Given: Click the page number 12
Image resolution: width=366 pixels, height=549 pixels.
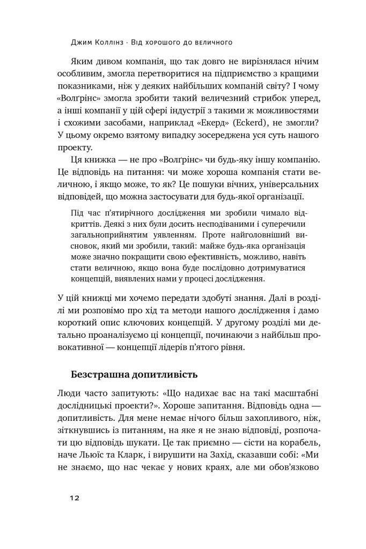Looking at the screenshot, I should coord(74,498).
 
